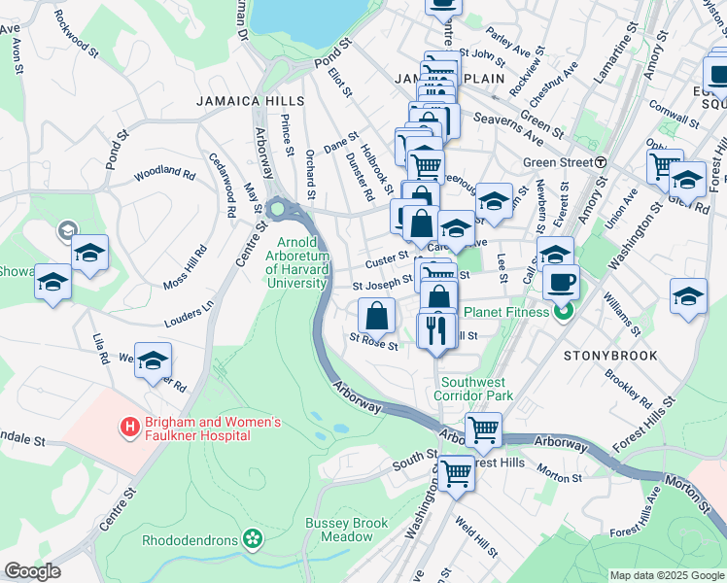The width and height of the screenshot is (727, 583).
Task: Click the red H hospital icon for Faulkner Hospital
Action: click(x=127, y=427)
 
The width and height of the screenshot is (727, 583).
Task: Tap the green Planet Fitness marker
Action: click(x=561, y=312)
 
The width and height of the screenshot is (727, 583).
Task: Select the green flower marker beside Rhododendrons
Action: click(x=253, y=537)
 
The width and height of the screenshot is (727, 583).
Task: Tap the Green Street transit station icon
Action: click(x=602, y=162)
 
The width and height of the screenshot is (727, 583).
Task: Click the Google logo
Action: click(x=32, y=571)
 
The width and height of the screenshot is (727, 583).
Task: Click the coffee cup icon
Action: click(x=561, y=283)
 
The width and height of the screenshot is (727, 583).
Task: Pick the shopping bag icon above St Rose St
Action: click(x=376, y=315)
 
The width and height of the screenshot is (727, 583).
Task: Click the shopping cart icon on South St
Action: click(x=454, y=474)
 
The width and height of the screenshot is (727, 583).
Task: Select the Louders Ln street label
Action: click(x=193, y=311)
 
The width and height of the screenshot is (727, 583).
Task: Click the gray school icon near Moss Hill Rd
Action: click(x=67, y=231)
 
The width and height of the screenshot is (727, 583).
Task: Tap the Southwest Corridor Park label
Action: click(x=475, y=390)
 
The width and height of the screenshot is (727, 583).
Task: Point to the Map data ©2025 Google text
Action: click(x=666, y=575)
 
